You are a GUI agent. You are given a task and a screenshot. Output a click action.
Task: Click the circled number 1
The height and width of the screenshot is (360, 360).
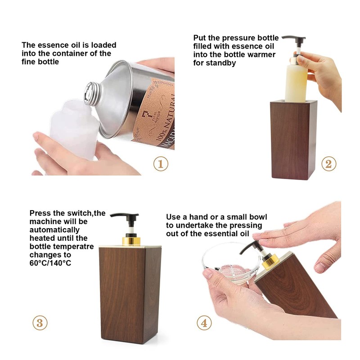(x=161, y=164)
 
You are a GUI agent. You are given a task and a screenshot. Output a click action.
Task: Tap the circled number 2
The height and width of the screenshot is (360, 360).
(x=329, y=164)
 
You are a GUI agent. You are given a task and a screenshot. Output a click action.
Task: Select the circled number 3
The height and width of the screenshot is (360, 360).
(x=40, y=323)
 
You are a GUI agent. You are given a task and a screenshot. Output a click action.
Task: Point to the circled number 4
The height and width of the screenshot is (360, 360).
(x=204, y=323)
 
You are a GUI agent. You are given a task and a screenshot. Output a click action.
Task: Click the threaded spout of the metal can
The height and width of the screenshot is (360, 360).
(x=91, y=94)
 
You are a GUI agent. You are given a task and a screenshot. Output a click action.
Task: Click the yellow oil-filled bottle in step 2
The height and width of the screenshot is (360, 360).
(x=296, y=83)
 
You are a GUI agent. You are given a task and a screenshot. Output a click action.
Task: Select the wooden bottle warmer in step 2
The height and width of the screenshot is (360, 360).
(x=293, y=139)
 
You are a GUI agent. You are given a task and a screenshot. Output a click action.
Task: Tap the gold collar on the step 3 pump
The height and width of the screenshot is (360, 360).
(x=131, y=241)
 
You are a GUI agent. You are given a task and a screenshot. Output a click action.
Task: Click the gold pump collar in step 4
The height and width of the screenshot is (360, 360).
(x=270, y=262)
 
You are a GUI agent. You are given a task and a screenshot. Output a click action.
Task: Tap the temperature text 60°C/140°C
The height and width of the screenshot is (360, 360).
(x=50, y=263)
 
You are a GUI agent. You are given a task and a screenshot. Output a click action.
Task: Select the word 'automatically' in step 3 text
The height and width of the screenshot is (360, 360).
(x=54, y=230)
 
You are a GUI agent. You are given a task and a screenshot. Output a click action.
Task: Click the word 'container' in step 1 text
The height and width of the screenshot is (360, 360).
(x=73, y=54)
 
